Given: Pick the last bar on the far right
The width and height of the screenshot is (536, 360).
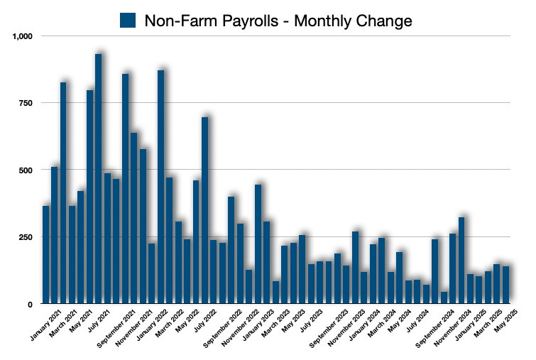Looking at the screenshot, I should pyautogui.click(x=506, y=285).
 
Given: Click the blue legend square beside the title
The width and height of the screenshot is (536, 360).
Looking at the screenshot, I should pyautogui.click(x=128, y=21).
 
